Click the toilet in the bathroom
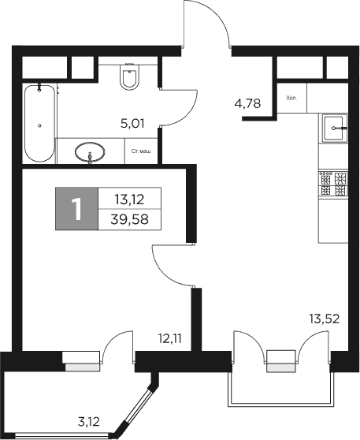coord(128,79)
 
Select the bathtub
coord(39,122)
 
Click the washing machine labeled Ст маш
coord(142,151)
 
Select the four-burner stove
coord(332,184)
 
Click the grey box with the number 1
coord(76,209)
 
